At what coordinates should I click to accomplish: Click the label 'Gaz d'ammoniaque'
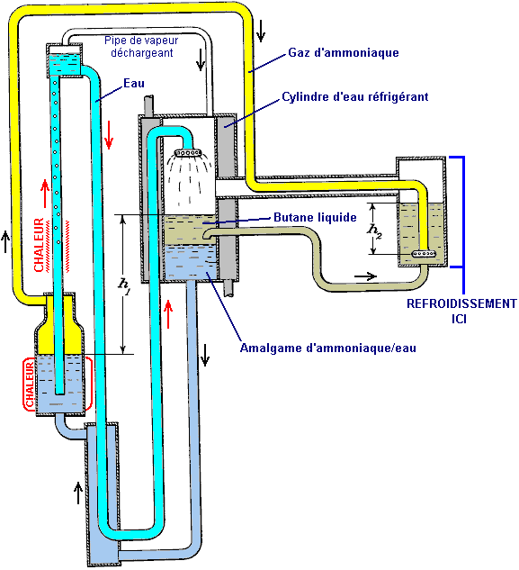344,53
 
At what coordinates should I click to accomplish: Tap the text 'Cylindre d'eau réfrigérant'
355,97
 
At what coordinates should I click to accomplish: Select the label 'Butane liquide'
315,217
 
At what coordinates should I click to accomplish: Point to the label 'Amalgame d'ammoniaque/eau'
328,348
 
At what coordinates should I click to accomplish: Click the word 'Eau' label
134,83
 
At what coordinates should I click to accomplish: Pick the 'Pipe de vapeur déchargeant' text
141,47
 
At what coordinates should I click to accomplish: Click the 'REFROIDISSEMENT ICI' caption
461,311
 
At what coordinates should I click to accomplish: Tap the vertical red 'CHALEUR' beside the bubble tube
39,245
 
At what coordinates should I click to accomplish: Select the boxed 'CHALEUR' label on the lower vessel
30,385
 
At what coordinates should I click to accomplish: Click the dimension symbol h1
124,283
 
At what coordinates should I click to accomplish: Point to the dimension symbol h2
374,231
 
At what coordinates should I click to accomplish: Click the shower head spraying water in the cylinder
188,152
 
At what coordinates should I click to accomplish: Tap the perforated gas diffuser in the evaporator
424,254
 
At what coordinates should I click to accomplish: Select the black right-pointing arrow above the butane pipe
366,276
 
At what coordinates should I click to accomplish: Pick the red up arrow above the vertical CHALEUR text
45,194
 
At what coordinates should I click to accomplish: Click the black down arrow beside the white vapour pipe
201,59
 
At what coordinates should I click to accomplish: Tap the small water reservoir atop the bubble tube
64,61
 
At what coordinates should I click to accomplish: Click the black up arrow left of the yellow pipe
5,241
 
